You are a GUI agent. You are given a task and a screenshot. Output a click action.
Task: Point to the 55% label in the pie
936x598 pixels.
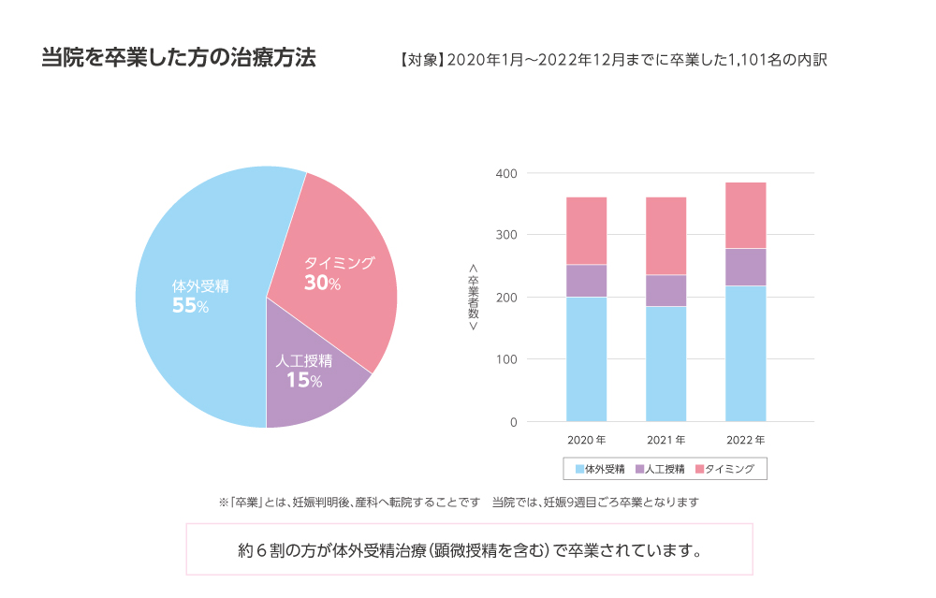tap(190, 306)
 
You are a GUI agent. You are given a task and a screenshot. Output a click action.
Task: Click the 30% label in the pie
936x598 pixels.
tap(322, 283)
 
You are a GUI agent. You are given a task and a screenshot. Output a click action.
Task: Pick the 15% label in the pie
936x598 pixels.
tap(304, 380)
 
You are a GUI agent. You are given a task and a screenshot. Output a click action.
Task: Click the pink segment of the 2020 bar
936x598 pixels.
tap(586, 230)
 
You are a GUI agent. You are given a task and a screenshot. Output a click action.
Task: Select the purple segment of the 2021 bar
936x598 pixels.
tap(665, 290)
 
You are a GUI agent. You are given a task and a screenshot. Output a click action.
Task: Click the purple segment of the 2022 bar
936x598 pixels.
tap(745, 267)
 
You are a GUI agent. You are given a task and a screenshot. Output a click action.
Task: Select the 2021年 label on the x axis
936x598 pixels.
tap(665, 439)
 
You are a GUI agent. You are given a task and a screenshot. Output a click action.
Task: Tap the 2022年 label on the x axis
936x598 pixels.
tap(745, 439)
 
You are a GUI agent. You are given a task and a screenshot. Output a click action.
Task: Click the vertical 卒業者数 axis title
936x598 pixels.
tap(473, 297)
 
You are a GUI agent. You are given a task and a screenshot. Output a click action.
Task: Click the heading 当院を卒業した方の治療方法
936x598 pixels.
tap(179, 57)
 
